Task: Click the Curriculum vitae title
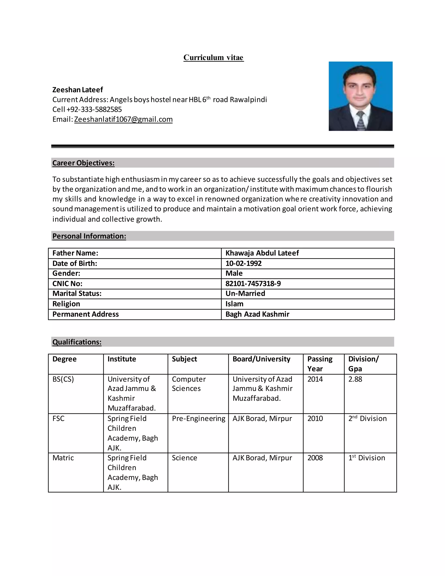coord(214,58)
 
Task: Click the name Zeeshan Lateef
coord(78,90)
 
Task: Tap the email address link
coord(123,120)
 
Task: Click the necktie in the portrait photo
coord(360,121)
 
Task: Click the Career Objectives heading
coord(83,163)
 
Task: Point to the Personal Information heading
coord(89,236)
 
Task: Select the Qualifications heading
coord(77,342)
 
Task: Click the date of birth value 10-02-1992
coord(243,263)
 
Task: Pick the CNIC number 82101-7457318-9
coord(253,284)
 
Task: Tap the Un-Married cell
coord(245,293)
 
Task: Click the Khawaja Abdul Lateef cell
coord(262,253)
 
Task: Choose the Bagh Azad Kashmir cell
coord(257,314)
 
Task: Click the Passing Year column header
coord(320,364)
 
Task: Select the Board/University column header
coord(261,359)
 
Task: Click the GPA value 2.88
coord(355,379)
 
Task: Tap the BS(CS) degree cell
coord(63,379)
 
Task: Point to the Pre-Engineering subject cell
coord(199,419)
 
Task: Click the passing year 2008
coord(315,458)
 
